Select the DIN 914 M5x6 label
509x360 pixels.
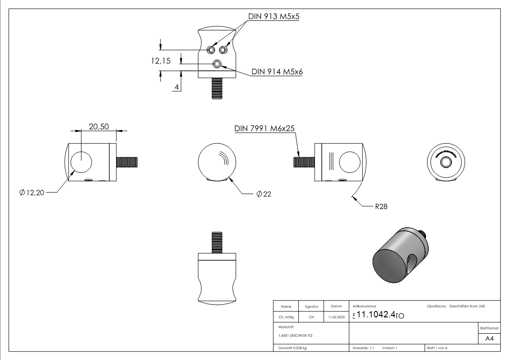tap(277, 72)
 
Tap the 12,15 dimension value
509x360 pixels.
tap(161, 61)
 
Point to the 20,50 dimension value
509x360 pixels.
tap(98, 127)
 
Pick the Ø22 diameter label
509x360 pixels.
tap(264, 194)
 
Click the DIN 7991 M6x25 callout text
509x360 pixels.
tap(265, 128)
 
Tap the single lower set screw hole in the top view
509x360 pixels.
tap(218, 64)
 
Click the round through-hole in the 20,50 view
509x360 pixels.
tap(81, 162)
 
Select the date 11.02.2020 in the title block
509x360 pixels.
tap(336, 317)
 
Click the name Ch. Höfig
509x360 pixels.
tap(286, 317)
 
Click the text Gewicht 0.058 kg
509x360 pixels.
tap(290, 348)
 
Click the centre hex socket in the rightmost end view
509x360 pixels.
tap(446, 162)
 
